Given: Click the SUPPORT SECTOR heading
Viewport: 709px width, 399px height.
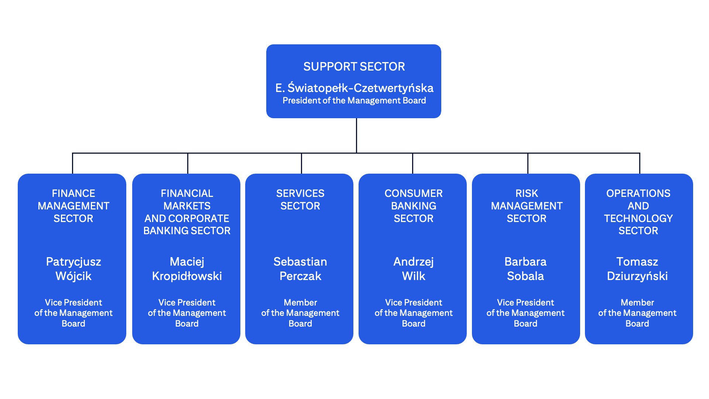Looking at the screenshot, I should coord(354,66).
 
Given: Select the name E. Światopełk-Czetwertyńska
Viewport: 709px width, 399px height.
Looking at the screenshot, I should coord(354,88).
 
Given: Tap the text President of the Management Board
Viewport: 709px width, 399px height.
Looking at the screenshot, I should coord(354,100).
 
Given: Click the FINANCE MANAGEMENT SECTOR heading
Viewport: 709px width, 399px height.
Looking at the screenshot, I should coord(73,206).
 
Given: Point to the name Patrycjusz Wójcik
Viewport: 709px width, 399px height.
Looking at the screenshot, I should coord(73,269).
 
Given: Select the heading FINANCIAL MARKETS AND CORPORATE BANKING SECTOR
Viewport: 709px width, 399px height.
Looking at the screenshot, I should coord(186,212).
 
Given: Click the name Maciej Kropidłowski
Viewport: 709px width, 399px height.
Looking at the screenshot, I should coord(186,269).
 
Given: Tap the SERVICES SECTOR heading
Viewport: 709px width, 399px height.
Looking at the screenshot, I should coord(300,199).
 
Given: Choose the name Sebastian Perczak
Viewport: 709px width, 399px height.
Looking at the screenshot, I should coord(300,269).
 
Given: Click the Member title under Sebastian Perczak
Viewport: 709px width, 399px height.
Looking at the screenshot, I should coord(300,313).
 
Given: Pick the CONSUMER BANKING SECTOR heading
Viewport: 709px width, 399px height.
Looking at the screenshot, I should coord(413,206).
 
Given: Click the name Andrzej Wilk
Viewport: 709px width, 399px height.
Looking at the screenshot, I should coord(413,269).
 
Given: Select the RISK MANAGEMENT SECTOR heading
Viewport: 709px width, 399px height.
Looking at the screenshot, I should coord(526,206).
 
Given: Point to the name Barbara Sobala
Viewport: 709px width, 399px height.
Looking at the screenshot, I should coord(525,269).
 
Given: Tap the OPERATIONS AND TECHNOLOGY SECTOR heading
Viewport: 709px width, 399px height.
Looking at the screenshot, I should coord(638,212).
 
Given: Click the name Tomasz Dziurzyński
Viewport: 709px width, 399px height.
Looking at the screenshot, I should coord(637,269).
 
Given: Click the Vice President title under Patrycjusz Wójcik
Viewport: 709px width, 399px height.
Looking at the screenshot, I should coord(73,313).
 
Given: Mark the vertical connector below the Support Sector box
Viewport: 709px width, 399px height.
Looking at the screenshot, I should coord(356,135).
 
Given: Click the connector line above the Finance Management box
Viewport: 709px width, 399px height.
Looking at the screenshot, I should coord(72,163).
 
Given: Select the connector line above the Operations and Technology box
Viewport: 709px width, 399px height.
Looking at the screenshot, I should coord(640,163).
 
